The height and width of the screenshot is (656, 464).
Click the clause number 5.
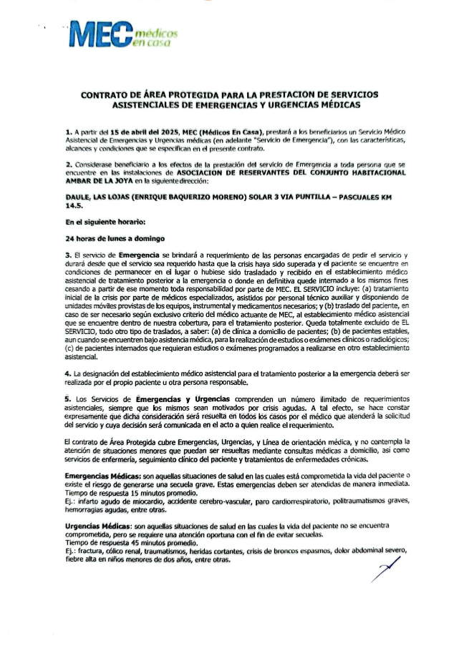(67, 398)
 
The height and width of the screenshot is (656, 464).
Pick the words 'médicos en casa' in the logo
(155, 39)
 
